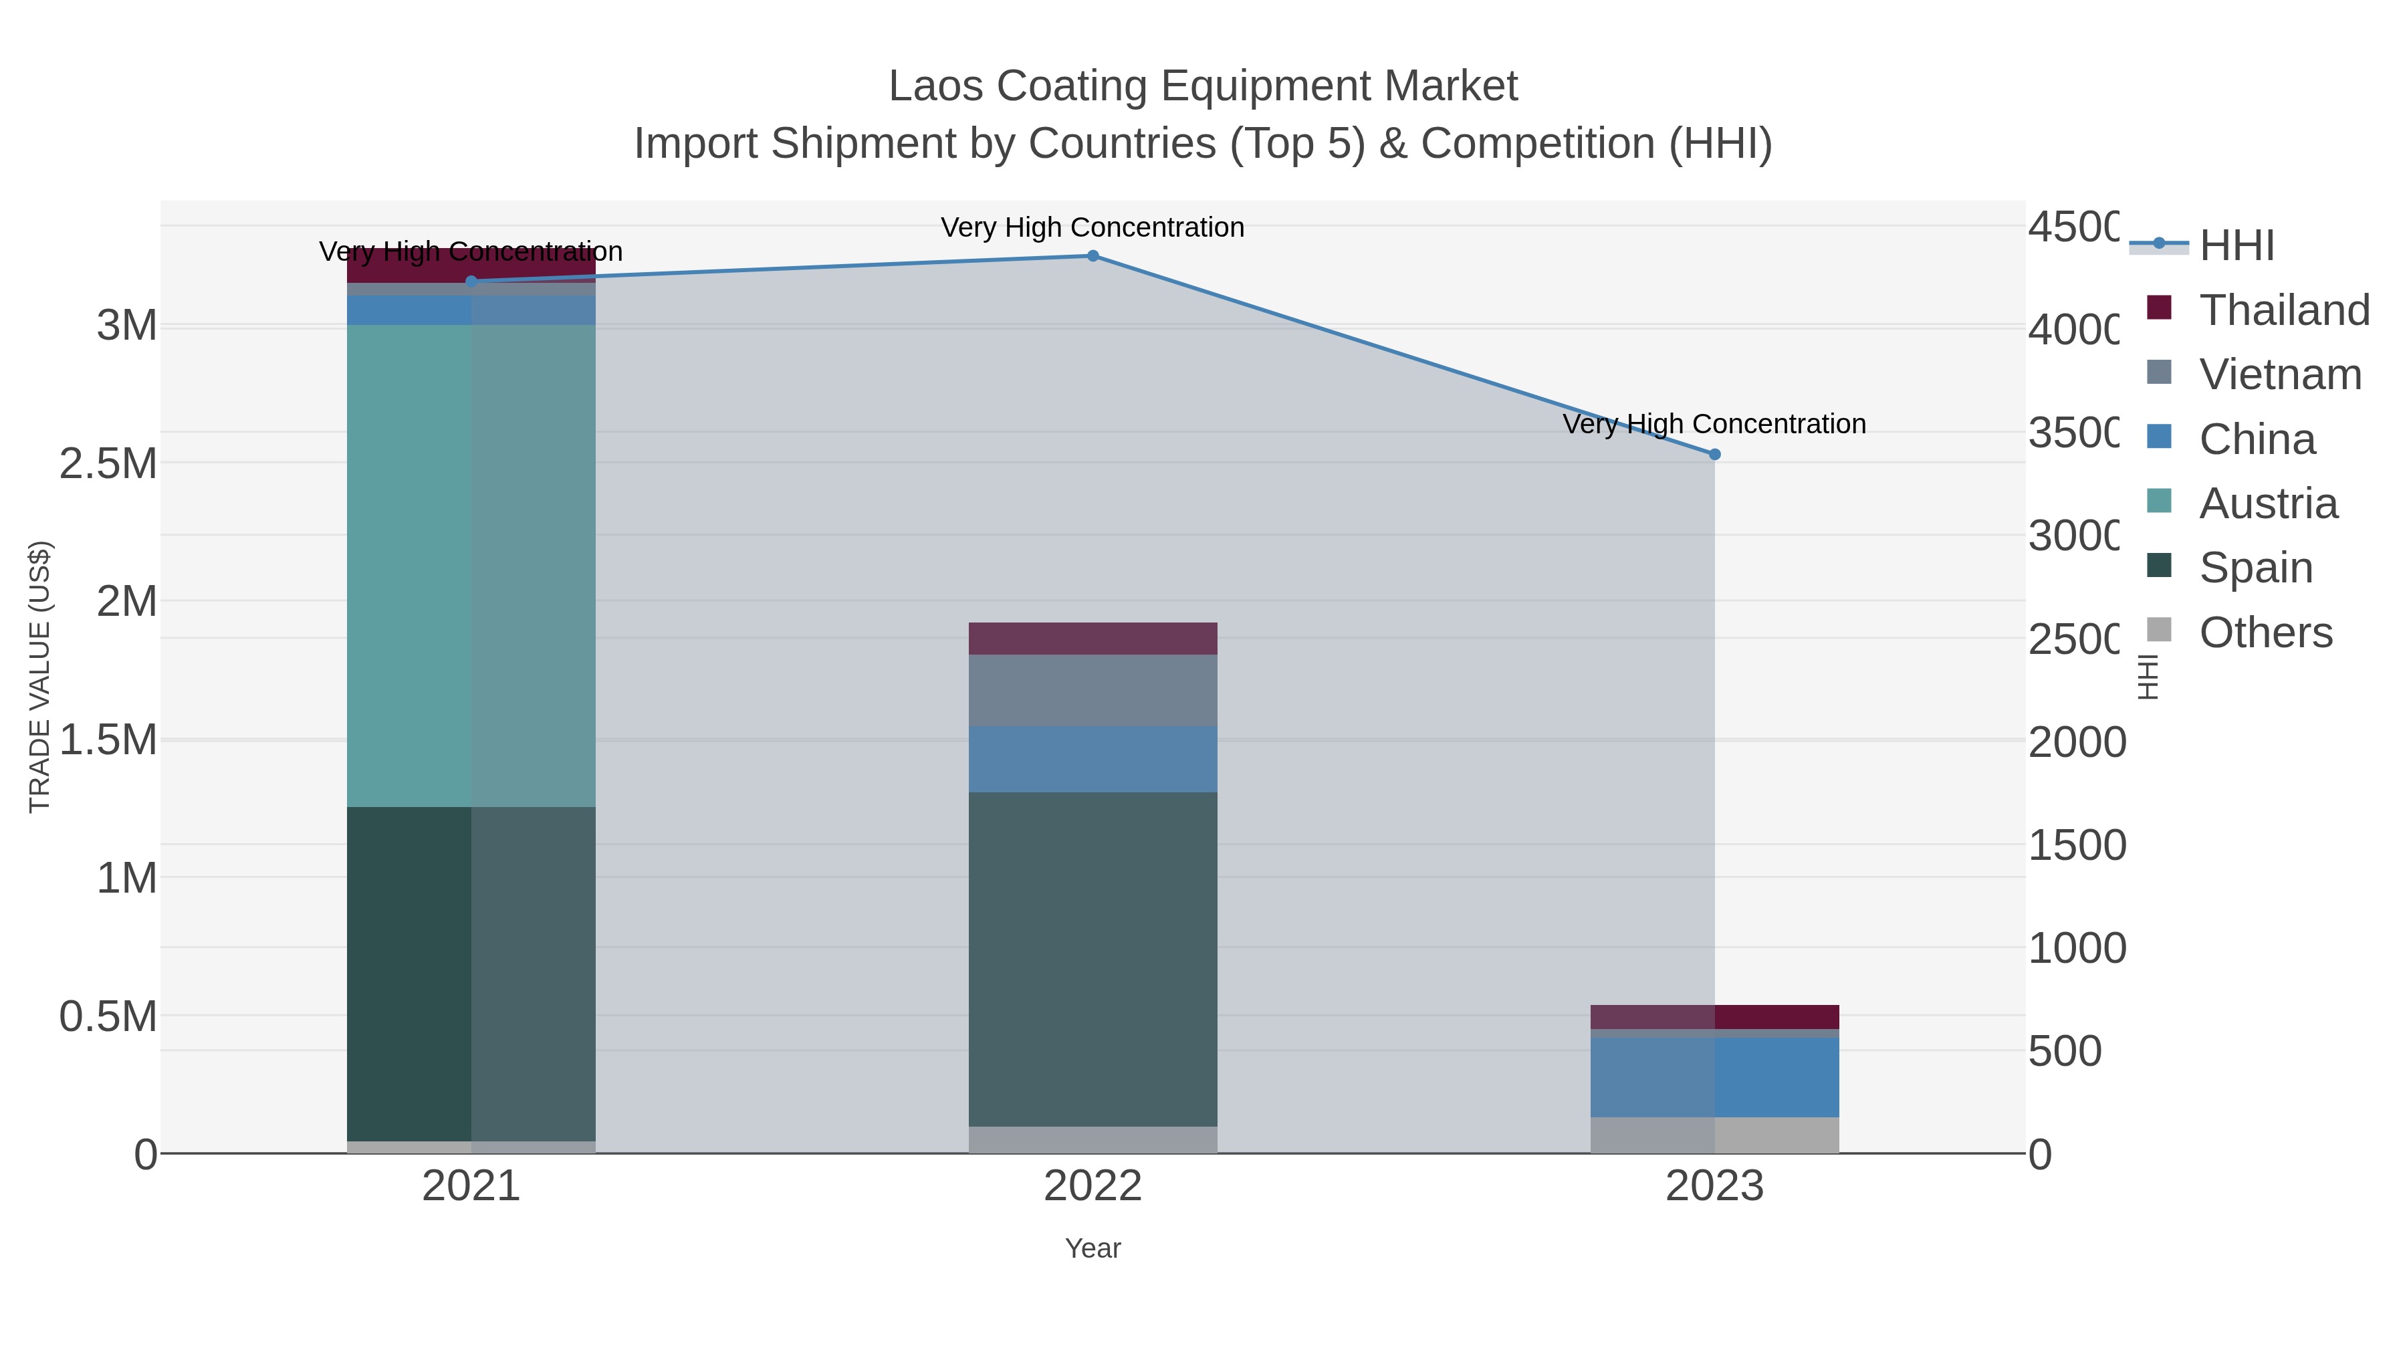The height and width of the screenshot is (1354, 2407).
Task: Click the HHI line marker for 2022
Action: point(1093,255)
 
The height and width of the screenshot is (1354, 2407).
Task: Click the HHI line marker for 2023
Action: point(1714,454)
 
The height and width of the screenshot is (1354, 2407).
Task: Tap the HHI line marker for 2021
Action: point(471,280)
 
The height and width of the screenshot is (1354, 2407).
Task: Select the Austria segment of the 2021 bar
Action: point(471,565)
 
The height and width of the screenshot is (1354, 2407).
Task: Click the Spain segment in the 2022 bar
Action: point(1093,959)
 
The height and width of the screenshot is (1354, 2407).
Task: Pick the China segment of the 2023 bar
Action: point(1714,1077)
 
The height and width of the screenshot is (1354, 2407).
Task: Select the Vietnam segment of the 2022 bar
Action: point(1093,691)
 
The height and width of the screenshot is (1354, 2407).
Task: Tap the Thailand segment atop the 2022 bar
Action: point(1093,639)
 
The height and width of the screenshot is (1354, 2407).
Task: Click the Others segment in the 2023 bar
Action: point(1714,1135)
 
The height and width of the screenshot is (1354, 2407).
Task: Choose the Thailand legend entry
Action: point(2284,310)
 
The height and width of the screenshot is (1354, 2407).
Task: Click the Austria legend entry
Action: point(2268,503)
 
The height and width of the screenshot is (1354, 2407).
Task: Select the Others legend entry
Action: point(2265,632)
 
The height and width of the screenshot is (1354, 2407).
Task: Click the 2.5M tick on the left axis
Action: point(108,463)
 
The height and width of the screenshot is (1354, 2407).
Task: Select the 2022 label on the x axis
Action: point(1093,1186)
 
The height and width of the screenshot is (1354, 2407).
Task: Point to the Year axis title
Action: point(1093,1248)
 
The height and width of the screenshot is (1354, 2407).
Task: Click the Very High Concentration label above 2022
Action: point(1093,227)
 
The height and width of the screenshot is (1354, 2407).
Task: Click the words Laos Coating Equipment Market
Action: point(1203,86)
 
